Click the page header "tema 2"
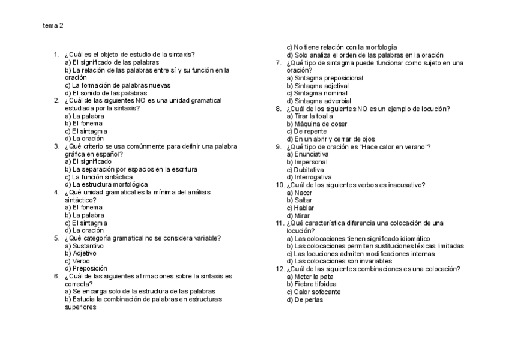tap(53, 26)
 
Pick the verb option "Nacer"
tap(300, 193)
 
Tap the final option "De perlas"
tap(304, 299)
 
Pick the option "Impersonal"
tap(307, 162)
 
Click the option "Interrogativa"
tap(309, 177)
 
